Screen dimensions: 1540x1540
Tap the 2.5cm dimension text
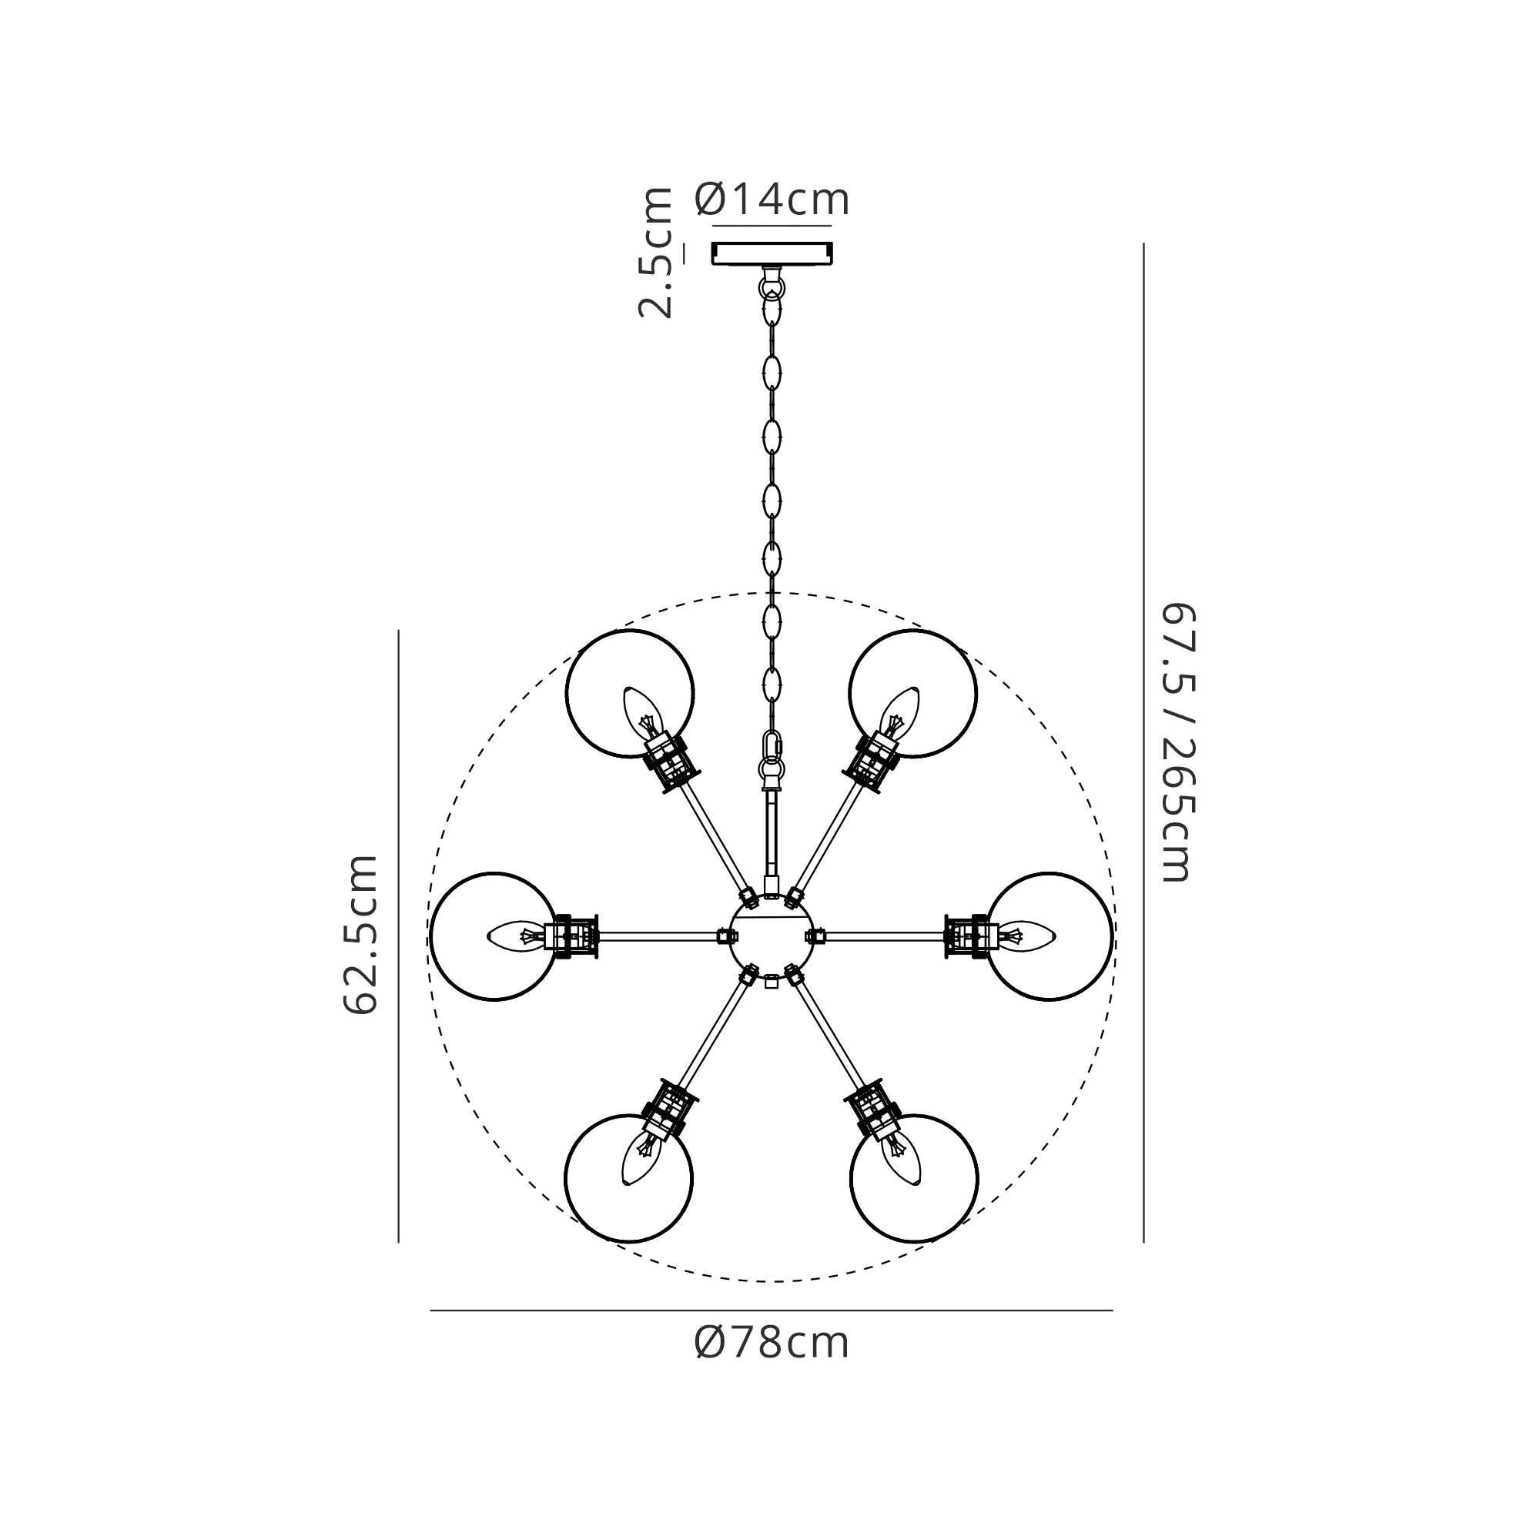click(x=656, y=253)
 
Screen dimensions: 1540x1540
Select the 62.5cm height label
click(x=360, y=933)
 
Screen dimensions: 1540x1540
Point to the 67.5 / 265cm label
click(x=1178, y=742)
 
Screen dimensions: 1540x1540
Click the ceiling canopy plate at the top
click(x=772, y=253)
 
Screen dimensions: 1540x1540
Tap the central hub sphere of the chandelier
click(x=771, y=935)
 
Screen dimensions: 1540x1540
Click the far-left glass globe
click(x=494, y=936)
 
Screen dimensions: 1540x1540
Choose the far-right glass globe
click(x=1049, y=936)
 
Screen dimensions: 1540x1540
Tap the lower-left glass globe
click(x=629, y=1178)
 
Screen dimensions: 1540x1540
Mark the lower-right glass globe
click(x=914, y=1178)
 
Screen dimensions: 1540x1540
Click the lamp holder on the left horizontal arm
click(x=571, y=936)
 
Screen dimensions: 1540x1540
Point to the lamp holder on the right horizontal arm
click(x=972, y=936)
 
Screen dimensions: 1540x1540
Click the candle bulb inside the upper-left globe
click(x=644, y=715)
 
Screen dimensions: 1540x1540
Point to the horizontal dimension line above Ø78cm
click(x=771, y=1311)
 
